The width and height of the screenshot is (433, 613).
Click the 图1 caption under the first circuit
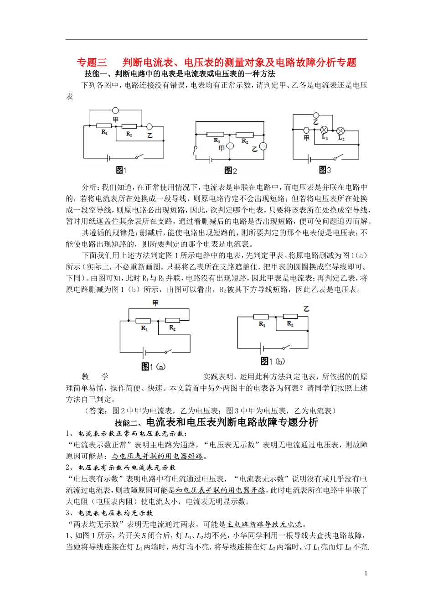coord(121,170)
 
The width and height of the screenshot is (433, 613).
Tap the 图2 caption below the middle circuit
coord(231,171)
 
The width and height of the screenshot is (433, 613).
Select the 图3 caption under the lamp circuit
coord(325,170)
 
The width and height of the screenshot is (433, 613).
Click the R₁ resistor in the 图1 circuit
coord(104,125)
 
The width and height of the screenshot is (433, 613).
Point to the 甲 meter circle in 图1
coord(116,110)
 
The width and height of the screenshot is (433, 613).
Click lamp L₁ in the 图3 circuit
coord(325,130)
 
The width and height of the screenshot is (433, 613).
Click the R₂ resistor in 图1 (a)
coord(172,321)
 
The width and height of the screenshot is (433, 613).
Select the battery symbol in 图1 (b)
coord(262,348)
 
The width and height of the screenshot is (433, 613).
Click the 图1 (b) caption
coord(273,361)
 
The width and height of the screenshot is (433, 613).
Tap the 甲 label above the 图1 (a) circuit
coord(155,303)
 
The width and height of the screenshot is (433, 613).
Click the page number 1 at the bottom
coord(366,573)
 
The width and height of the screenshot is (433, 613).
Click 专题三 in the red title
coord(92,62)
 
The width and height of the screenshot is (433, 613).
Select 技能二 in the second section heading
coord(126,423)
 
